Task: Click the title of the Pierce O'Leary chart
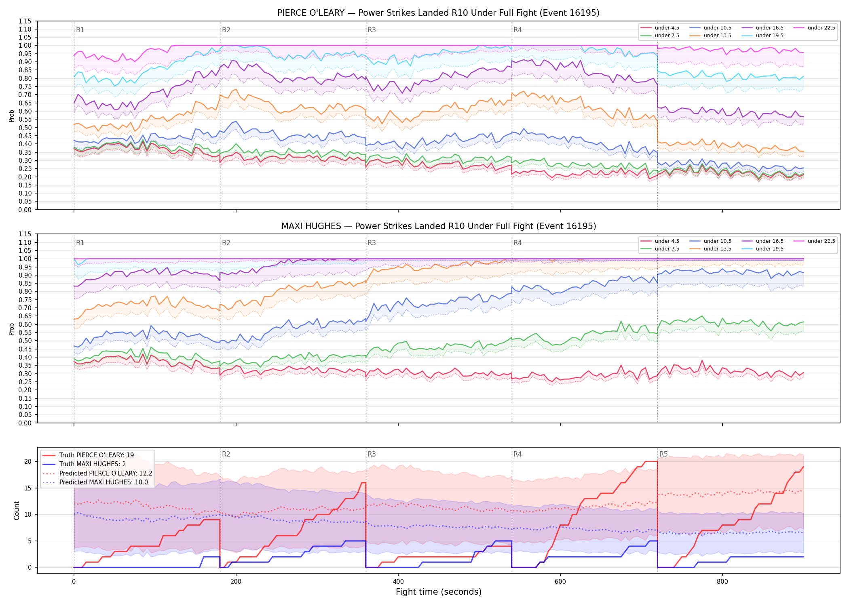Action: click(438, 13)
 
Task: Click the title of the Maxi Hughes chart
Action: click(439, 226)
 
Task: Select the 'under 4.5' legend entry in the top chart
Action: click(660, 28)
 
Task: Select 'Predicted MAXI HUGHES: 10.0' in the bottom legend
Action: click(97, 482)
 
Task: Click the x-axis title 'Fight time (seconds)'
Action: click(439, 592)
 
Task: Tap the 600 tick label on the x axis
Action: click(560, 582)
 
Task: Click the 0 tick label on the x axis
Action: click(74, 582)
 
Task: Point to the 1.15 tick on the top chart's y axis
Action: click(25, 21)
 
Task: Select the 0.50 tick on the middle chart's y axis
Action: click(25, 341)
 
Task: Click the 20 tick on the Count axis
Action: click(28, 461)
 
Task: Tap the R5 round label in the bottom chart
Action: click(663, 454)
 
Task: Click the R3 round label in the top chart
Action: click(372, 30)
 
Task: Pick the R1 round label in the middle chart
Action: click(80, 243)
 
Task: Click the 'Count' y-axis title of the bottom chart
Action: click(17, 510)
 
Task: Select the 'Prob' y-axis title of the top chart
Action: click(12, 116)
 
